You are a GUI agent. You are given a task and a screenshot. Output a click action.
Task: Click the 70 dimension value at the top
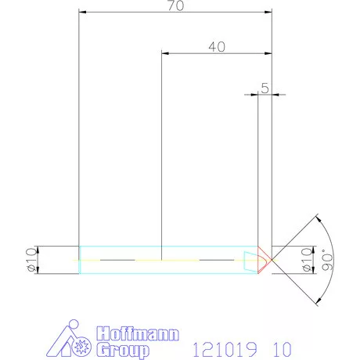coord(175,6)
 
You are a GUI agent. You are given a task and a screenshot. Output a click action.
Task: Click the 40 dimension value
coord(217,46)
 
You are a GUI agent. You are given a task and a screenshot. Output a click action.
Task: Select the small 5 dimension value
coord(265,88)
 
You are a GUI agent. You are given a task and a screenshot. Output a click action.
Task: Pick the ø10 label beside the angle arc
coord(306,259)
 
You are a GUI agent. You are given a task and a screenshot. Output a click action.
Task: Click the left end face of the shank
coord(80,258)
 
